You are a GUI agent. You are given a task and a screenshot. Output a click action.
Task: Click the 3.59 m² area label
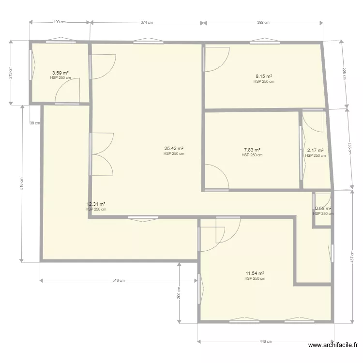tap(60, 73)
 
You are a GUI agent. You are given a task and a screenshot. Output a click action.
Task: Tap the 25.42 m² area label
tap(174, 149)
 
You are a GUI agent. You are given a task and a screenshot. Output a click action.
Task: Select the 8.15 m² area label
tap(264, 76)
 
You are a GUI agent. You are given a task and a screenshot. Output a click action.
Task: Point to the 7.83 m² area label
tap(252, 150)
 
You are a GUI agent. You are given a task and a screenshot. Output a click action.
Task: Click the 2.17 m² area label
tap(316, 151)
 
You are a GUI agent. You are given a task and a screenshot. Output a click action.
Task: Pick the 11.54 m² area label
tap(255, 273)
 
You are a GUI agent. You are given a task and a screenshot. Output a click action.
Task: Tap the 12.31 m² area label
tap(96, 204)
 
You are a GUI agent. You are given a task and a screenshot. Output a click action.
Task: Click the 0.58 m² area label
tap(323, 209)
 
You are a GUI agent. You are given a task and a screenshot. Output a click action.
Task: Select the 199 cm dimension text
tap(60, 22)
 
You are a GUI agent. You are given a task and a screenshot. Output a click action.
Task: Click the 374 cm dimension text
tap(147, 22)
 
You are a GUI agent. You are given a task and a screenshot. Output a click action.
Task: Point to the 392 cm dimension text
tap(263, 22)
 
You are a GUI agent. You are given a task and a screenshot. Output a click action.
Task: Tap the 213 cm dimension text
tap(11, 73)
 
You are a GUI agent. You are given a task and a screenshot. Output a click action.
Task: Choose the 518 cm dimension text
tap(119, 280)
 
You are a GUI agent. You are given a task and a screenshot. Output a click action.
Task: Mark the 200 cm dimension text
tap(179, 293)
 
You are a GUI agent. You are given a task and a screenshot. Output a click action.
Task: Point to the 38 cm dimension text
tap(34, 123)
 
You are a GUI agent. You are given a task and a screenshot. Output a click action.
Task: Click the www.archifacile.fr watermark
tap(333, 345)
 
